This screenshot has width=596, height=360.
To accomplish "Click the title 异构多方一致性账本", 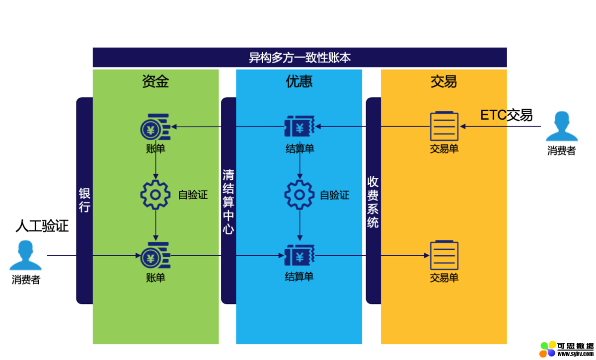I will pyautogui.click(x=299, y=58).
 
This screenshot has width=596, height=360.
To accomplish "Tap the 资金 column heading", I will pyautogui.click(x=155, y=81).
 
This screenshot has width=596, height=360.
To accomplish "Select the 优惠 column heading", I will pyautogui.click(x=299, y=81).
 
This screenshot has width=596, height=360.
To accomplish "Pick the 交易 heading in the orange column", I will pyautogui.click(x=444, y=81).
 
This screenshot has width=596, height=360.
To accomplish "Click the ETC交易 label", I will pyautogui.click(x=506, y=115).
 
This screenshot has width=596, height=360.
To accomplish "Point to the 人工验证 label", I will pyautogui.click(x=42, y=226).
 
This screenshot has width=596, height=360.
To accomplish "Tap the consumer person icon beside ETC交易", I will pyautogui.click(x=561, y=127).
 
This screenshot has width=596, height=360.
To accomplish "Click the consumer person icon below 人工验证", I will pyautogui.click(x=25, y=255).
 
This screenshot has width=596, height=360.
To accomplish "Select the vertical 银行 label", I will pyautogui.click(x=84, y=200).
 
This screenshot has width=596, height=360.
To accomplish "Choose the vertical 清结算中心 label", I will pyautogui.click(x=228, y=202).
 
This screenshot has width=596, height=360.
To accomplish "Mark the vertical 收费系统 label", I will pyautogui.click(x=373, y=202).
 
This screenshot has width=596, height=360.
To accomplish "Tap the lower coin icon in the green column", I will pyautogui.click(x=155, y=256).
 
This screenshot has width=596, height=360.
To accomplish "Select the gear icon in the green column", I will pyautogui.click(x=155, y=195).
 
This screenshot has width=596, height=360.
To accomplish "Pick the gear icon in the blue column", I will pyautogui.click(x=299, y=195).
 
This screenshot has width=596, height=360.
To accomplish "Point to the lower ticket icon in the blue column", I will pyautogui.click(x=299, y=256).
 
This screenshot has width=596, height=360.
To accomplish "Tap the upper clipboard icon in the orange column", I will pyautogui.click(x=444, y=126).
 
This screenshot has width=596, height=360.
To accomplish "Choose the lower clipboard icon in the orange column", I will pyautogui.click(x=444, y=255).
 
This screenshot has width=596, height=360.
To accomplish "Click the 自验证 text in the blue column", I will pyautogui.click(x=334, y=195).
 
